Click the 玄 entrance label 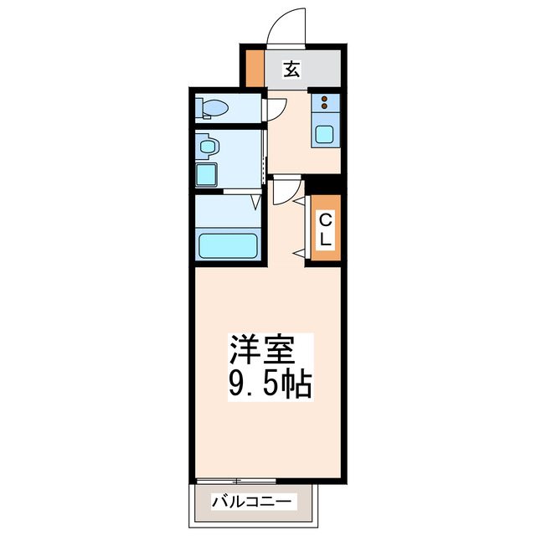291,70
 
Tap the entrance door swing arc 286,25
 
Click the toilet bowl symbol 214,108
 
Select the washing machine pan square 206,174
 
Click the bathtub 228,246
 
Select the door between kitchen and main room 283,190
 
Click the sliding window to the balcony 234,481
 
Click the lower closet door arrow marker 298,251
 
